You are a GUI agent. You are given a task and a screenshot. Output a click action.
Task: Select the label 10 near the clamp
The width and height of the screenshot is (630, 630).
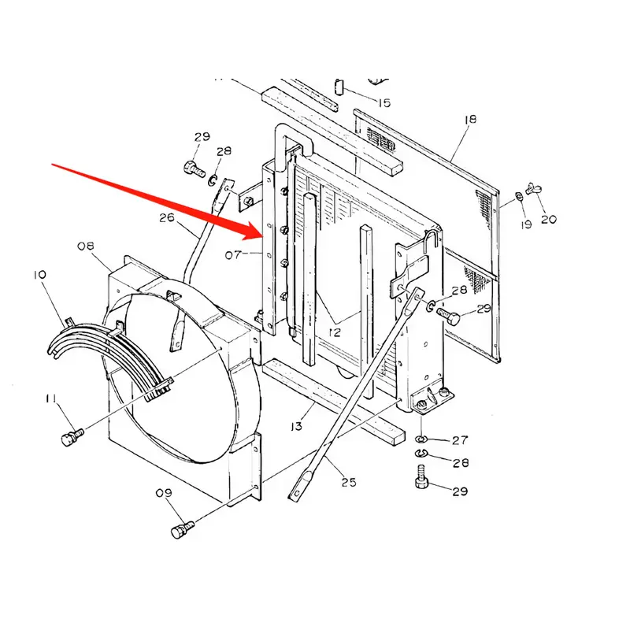pyautogui.click(x=39, y=275)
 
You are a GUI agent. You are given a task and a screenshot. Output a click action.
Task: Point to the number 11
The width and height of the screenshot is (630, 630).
pyautogui.click(x=50, y=402)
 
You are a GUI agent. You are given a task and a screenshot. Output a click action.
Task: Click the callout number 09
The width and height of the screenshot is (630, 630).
pyautogui.click(x=163, y=494)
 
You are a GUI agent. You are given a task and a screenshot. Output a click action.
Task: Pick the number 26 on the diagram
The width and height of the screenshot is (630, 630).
pyautogui.click(x=166, y=218)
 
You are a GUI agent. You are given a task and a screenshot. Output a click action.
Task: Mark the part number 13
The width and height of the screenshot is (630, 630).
pyautogui.click(x=296, y=426)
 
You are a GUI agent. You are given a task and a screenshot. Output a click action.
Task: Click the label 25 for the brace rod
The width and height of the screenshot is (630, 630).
pyautogui.click(x=349, y=481)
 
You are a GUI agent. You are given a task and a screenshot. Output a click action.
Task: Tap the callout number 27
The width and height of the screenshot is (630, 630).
pyautogui.click(x=460, y=440)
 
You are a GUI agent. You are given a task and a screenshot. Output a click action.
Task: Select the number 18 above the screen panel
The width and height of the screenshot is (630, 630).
pyautogui.click(x=471, y=120)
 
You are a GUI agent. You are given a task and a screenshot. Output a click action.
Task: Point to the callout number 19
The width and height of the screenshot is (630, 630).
pyautogui.click(x=526, y=224)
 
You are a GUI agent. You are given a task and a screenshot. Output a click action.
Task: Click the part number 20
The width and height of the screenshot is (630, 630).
pyautogui.click(x=548, y=219)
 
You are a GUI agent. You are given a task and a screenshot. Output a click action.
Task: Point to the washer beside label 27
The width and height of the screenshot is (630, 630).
pyautogui.click(x=421, y=437)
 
